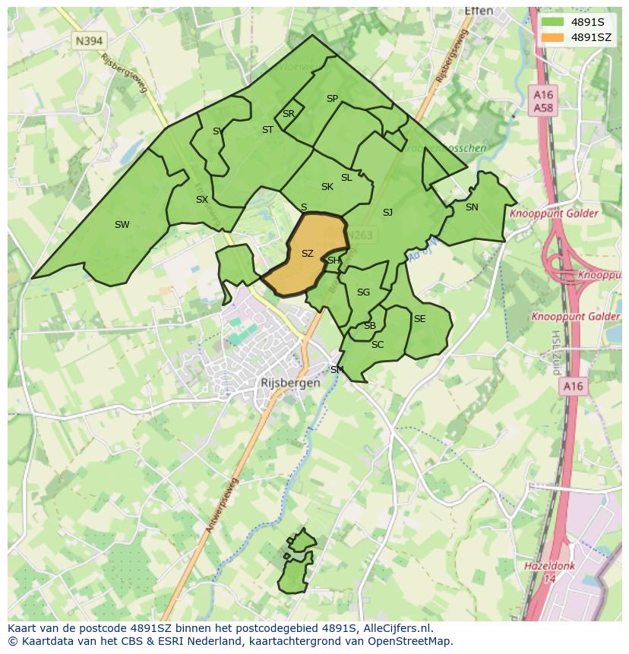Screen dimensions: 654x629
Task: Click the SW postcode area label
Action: (122, 225)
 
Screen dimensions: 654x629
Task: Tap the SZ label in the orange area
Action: (308, 254)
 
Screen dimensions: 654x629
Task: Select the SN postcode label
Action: (472, 207)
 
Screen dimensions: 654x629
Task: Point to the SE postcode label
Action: (419, 319)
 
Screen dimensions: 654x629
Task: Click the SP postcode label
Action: (332, 99)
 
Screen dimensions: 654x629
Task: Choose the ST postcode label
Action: (267, 130)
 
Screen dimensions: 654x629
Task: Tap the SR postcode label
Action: (288, 114)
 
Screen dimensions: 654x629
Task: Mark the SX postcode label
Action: (201, 201)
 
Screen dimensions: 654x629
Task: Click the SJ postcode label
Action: (387, 213)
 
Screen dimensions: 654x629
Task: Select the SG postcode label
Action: (363, 292)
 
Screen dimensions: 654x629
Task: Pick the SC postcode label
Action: (378, 345)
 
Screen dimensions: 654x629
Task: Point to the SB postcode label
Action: (369, 326)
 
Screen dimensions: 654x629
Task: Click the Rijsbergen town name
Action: (290, 384)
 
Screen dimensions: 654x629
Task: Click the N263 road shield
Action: (360, 235)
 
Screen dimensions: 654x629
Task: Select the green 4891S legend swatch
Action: (553, 22)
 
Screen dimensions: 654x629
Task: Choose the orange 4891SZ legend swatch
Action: (553, 37)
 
